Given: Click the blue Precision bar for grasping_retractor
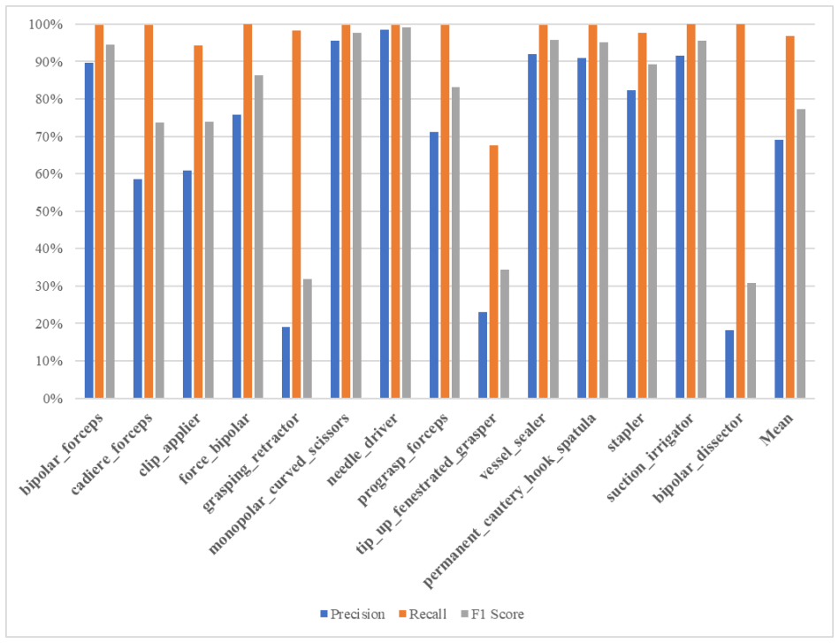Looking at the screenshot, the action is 286,363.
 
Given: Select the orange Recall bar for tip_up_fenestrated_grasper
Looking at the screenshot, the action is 493,272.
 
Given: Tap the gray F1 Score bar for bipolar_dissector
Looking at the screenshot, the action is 751,341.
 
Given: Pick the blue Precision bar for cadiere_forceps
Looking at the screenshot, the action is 138,288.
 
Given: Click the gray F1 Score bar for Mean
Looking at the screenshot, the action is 800,254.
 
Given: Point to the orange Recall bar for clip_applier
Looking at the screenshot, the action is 198,222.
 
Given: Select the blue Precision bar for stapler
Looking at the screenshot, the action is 631,244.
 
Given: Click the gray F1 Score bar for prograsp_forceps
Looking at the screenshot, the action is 455,242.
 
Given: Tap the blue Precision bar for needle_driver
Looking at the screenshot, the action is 385,214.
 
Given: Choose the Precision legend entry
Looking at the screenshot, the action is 353,614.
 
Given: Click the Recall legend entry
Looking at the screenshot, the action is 423,614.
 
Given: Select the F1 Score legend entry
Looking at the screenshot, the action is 492,614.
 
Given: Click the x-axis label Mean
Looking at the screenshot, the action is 777,430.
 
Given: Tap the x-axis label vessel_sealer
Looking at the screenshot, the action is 513,447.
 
